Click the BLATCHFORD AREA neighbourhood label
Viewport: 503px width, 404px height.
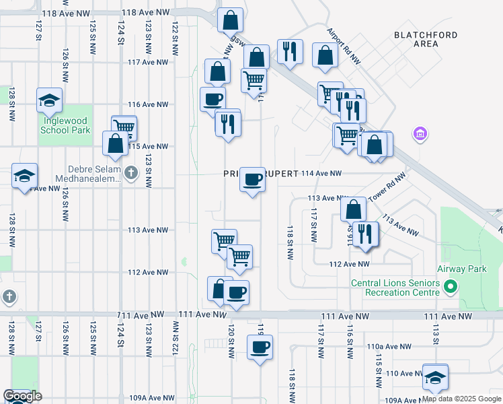[426, 39]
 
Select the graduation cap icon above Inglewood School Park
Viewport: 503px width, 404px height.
[50, 100]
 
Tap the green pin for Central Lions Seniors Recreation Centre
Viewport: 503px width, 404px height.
[451, 288]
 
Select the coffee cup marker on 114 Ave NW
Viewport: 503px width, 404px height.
[252, 180]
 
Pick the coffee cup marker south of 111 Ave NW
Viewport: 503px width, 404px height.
[260, 347]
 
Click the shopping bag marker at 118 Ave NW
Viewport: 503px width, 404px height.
[230, 21]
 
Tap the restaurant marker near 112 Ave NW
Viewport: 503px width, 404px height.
[365, 234]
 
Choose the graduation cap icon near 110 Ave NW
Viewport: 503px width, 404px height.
[435, 377]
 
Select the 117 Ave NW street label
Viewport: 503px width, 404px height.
[147, 62]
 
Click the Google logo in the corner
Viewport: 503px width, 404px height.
[22, 396]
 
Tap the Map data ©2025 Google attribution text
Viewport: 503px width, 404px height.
[461, 399]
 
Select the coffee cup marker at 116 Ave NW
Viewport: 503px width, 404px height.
[213, 100]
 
